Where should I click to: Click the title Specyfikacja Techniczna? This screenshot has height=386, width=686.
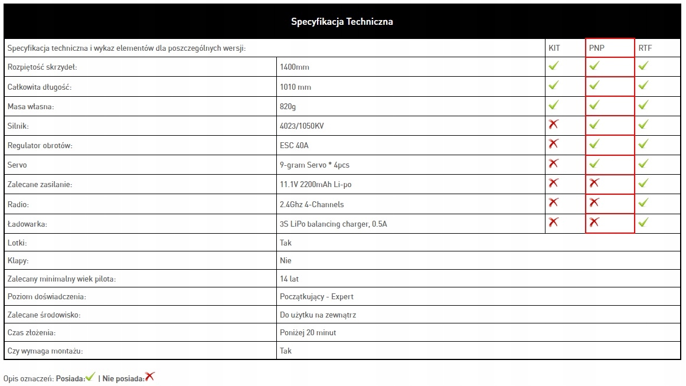coord(342,22)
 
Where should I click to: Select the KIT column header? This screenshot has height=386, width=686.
coord(554,48)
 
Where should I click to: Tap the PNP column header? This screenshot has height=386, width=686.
coord(597,48)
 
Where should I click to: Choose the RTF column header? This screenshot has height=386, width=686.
coord(645,48)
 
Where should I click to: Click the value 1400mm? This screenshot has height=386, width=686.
coord(295,67)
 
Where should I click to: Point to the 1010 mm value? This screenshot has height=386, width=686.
coord(295,87)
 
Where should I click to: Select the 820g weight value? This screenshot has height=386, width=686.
coord(289,106)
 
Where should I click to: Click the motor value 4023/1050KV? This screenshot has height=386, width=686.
coord(302,126)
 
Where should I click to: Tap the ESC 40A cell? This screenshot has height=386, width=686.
coord(294,145)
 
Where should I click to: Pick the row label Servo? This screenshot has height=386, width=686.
coord(17,165)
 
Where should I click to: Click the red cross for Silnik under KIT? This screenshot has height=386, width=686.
coord(553,124)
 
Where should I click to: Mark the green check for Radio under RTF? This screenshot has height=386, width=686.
coord(643,202)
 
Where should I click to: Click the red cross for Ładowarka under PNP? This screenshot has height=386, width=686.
coord(594,222)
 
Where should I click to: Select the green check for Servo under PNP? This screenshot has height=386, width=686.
coord(594,163)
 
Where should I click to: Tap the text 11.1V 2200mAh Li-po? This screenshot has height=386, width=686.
coord(316,184)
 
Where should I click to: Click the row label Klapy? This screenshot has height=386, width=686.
coord(17,260)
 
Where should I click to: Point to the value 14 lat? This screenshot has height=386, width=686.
coord(289,279)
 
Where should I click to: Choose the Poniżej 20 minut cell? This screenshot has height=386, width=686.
coord(308,332)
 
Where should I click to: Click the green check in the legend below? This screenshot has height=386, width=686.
coord(90,377)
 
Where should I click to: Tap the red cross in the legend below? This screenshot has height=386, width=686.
coord(150,376)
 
